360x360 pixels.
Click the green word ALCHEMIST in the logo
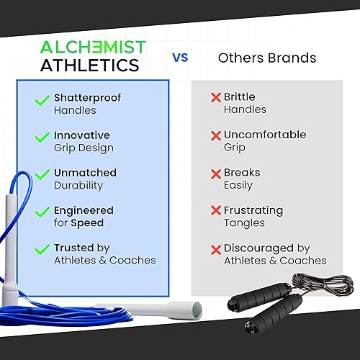pos(93,47)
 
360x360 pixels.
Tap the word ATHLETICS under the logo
pos(90,65)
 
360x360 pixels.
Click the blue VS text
pos(180,58)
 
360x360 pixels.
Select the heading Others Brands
pos(267,58)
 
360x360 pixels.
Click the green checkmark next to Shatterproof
pos(42,100)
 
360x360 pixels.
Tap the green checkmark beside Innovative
pos(42,137)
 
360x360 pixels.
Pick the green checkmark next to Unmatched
pos(42,174)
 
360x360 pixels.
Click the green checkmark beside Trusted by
pos(42,249)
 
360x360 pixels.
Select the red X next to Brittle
pos(216,97)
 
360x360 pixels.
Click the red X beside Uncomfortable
pos(216,135)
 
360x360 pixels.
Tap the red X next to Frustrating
pos(216,210)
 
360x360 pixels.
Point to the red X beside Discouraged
pos(216,250)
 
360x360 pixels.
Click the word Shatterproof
pos(87,98)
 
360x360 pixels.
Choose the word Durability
pos(78,186)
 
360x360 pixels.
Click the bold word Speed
pos(87,223)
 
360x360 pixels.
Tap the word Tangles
pos(244,223)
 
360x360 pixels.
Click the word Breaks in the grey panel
pos(242,173)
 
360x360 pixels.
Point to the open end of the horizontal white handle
pos(197,310)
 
